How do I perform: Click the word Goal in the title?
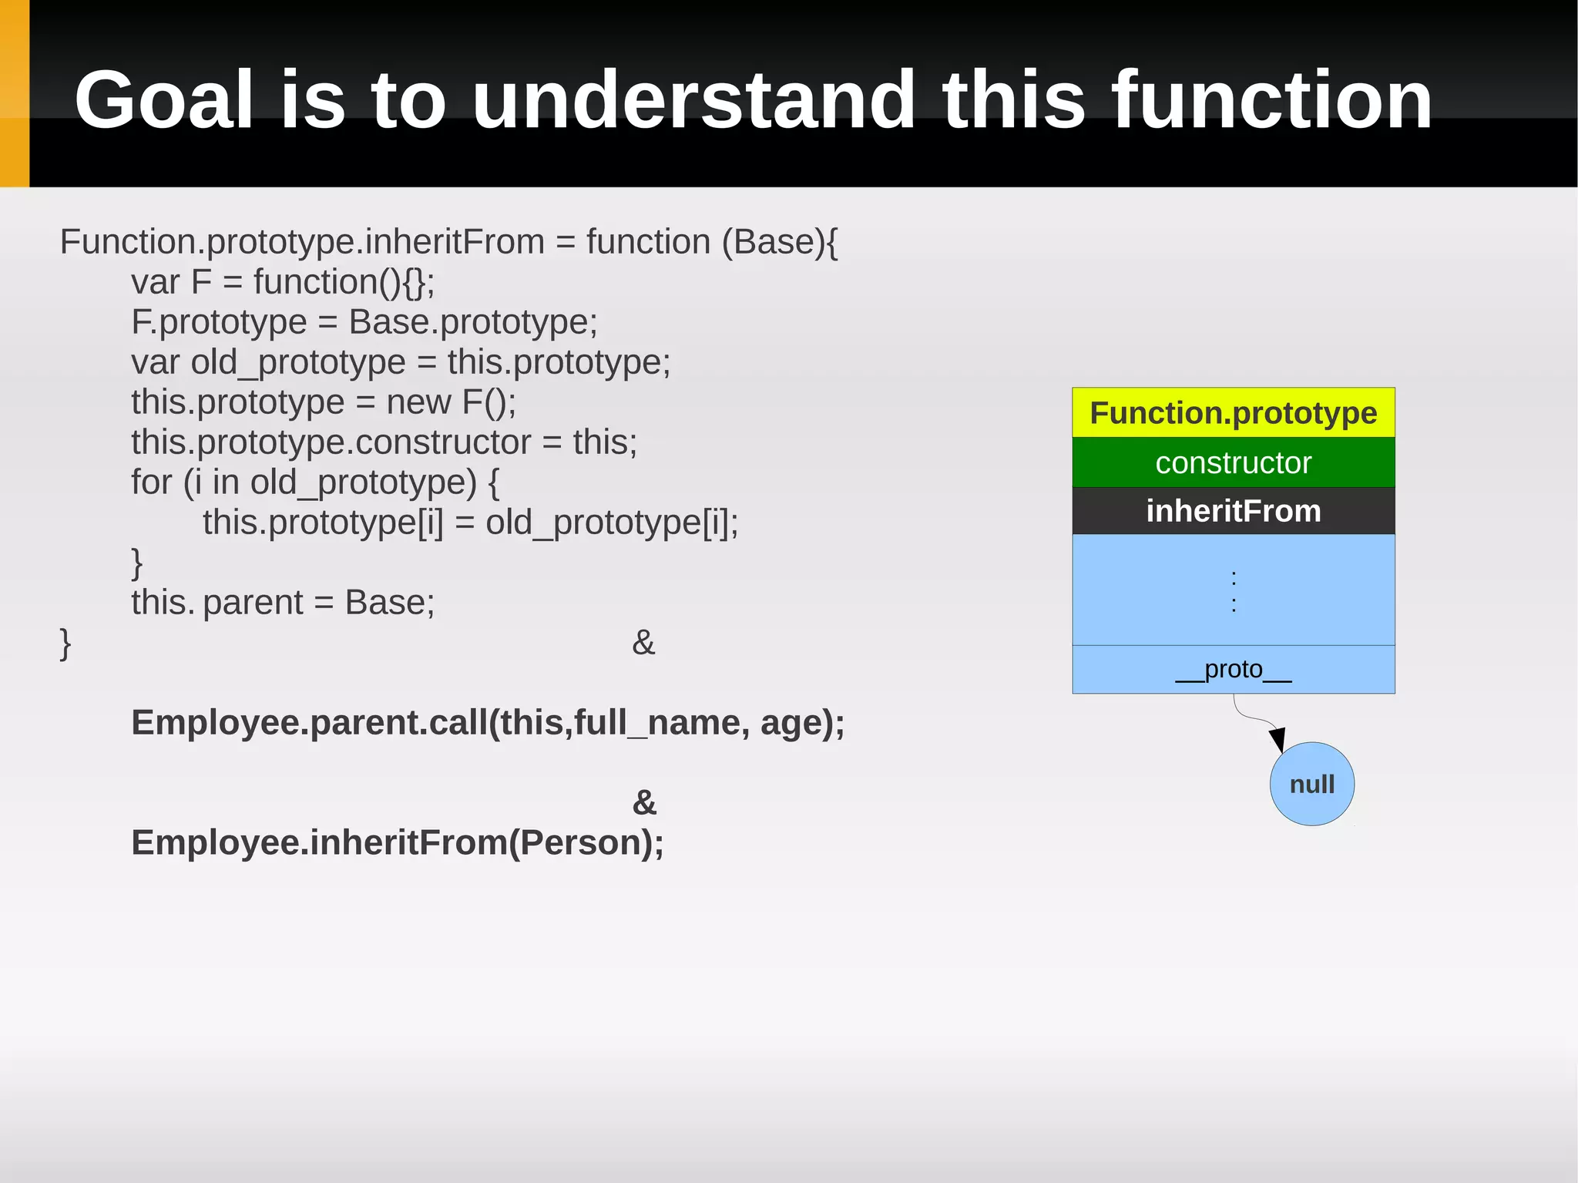[x=163, y=100]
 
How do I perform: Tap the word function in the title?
[x=1271, y=100]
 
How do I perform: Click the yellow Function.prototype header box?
[x=1233, y=413]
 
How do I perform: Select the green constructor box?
[x=1233, y=462]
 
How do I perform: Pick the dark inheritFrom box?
[x=1233, y=511]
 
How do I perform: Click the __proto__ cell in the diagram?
[x=1233, y=669]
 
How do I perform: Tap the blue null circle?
[x=1311, y=784]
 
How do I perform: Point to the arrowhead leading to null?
[x=1277, y=739]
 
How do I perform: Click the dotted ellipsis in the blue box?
[x=1234, y=590]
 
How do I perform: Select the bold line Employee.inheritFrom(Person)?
[x=398, y=842]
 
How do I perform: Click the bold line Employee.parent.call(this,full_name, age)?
[x=488, y=723]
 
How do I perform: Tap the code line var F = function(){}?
[x=283, y=282]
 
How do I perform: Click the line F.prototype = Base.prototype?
[x=364, y=322]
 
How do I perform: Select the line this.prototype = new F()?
[x=324, y=402]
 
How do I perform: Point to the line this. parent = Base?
[x=283, y=602]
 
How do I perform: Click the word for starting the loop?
[x=151, y=482]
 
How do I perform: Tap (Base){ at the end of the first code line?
[x=780, y=242]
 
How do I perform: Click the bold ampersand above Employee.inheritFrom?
[x=644, y=802]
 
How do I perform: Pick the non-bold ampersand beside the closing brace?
[x=643, y=642]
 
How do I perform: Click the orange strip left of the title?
[x=15, y=93]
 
